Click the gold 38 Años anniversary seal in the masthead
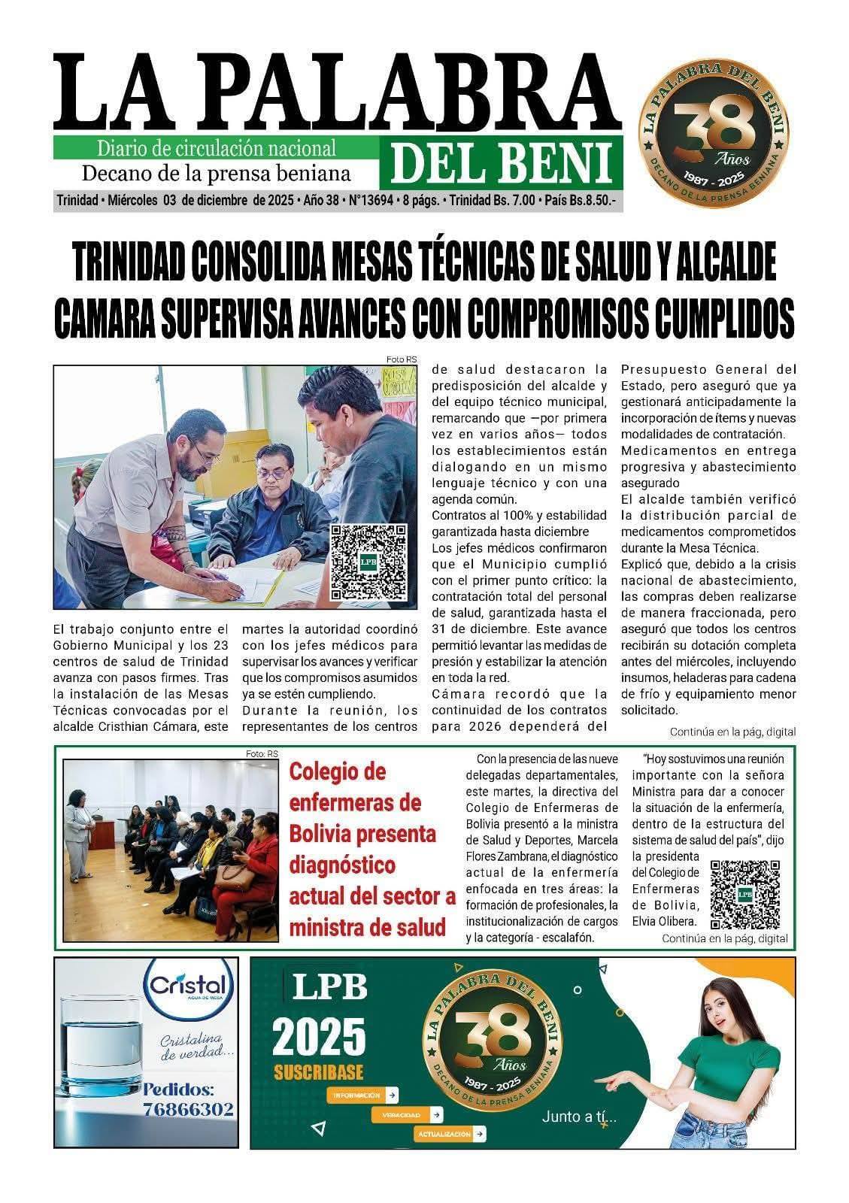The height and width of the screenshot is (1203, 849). [x=713, y=124]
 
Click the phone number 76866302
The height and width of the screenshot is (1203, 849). [x=188, y=1110]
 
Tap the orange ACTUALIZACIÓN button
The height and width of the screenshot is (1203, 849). [x=449, y=1134]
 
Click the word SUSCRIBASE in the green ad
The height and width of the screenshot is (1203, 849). [x=318, y=1072]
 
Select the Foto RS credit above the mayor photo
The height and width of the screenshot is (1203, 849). [x=401, y=359]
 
